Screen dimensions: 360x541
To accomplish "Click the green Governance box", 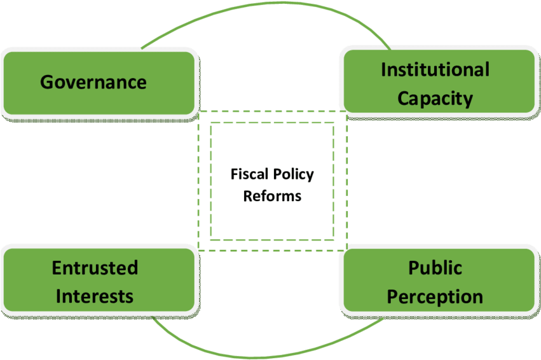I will click(99, 82).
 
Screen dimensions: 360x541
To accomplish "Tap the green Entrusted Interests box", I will click(99, 280).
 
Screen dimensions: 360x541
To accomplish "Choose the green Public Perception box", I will click(438, 280).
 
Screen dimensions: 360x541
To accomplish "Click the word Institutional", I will click(435, 69).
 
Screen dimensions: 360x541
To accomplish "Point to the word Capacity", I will click(435, 99).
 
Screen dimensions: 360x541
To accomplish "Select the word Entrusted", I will click(95, 268).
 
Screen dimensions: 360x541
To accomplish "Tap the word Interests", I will click(95, 296).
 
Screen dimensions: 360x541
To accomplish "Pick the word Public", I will click(435, 268).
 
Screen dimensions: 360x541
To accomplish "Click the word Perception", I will click(435, 297).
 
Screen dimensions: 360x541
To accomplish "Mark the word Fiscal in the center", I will click(249, 175).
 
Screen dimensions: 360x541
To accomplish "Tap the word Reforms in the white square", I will click(272, 196).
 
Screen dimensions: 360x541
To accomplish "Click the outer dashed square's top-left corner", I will click(199, 112).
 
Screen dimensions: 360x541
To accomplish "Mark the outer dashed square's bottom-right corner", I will click(346, 250).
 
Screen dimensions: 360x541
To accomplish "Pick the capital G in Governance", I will click(46, 82).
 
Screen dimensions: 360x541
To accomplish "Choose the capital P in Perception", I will click(394, 297).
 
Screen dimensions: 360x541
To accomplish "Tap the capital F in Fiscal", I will click(233, 175).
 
